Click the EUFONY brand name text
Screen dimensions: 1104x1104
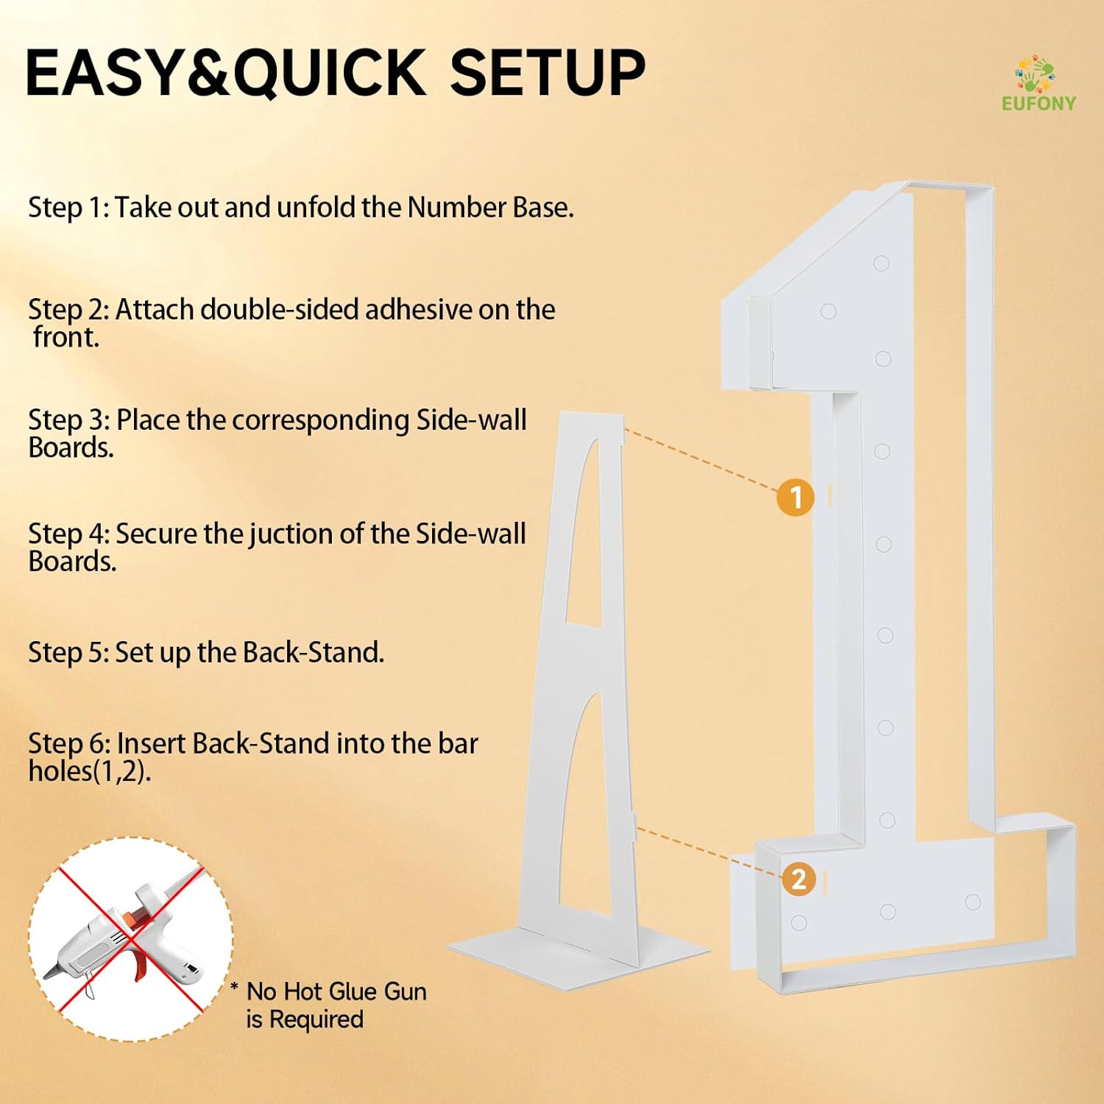click(x=1038, y=103)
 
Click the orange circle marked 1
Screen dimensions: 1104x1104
click(x=795, y=498)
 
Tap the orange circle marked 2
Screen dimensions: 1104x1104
click(x=799, y=880)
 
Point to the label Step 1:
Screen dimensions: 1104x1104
click(x=68, y=208)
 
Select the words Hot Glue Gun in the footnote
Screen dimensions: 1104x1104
click(x=355, y=991)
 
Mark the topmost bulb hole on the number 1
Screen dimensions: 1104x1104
click(x=881, y=263)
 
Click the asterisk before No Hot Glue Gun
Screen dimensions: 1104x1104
click(x=234, y=987)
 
